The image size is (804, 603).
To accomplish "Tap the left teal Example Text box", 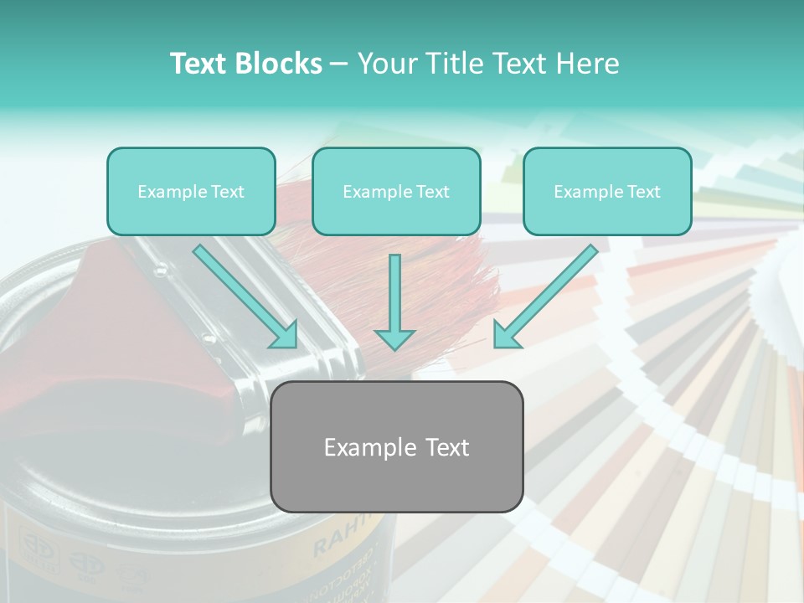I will tap(191, 192).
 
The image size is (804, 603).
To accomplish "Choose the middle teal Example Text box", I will tap(396, 192).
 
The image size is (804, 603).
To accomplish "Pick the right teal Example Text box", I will tap(607, 192).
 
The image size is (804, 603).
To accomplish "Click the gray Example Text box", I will tap(397, 447).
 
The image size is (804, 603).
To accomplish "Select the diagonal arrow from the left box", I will tap(243, 293).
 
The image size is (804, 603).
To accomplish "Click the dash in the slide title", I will tap(340, 64).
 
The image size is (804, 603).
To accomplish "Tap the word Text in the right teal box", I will tap(643, 192).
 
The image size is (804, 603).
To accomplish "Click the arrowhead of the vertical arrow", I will tap(394, 338).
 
